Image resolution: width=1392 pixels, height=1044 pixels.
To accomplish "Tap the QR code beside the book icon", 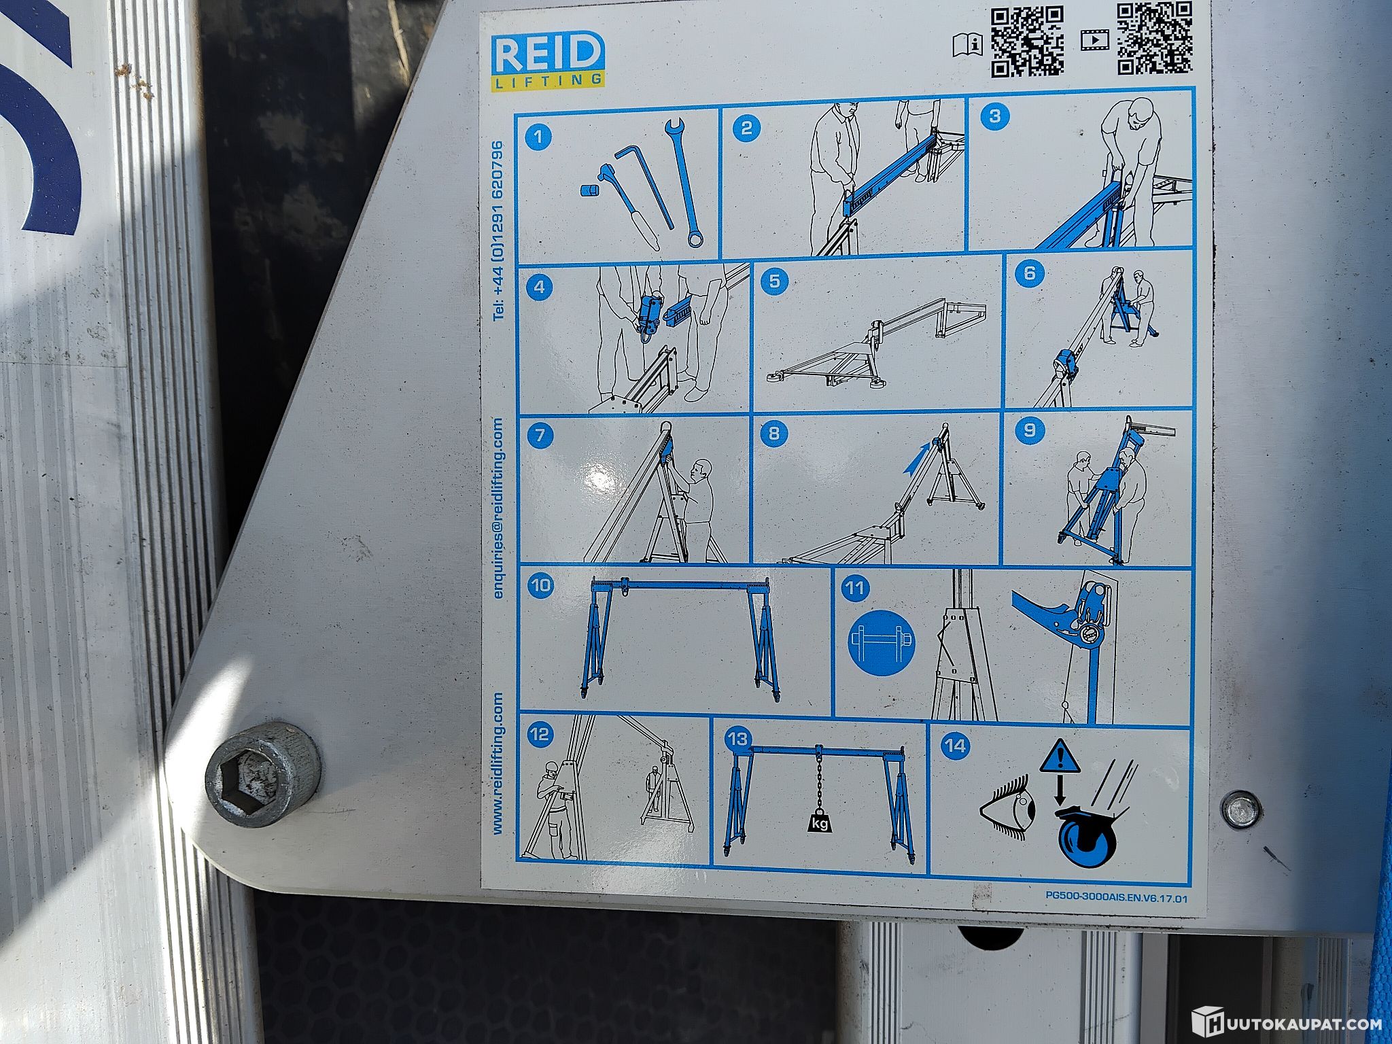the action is [x=1027, y=41].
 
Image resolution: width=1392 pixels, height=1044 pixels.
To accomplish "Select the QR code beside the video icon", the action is [x=1155, y=37].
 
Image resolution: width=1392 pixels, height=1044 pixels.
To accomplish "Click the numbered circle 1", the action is [x=539, y=137].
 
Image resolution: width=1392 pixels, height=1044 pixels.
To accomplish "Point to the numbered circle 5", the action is [x=775, y=281].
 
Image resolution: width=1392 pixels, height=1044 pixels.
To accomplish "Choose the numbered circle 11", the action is [x=855, y=587].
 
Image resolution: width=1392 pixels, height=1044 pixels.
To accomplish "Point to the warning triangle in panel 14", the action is [x=1060, y=757].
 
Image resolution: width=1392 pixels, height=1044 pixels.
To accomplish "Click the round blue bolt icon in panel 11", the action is [x=882, y=642].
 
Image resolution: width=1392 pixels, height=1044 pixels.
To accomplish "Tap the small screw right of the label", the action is [x=1241, y=810].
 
